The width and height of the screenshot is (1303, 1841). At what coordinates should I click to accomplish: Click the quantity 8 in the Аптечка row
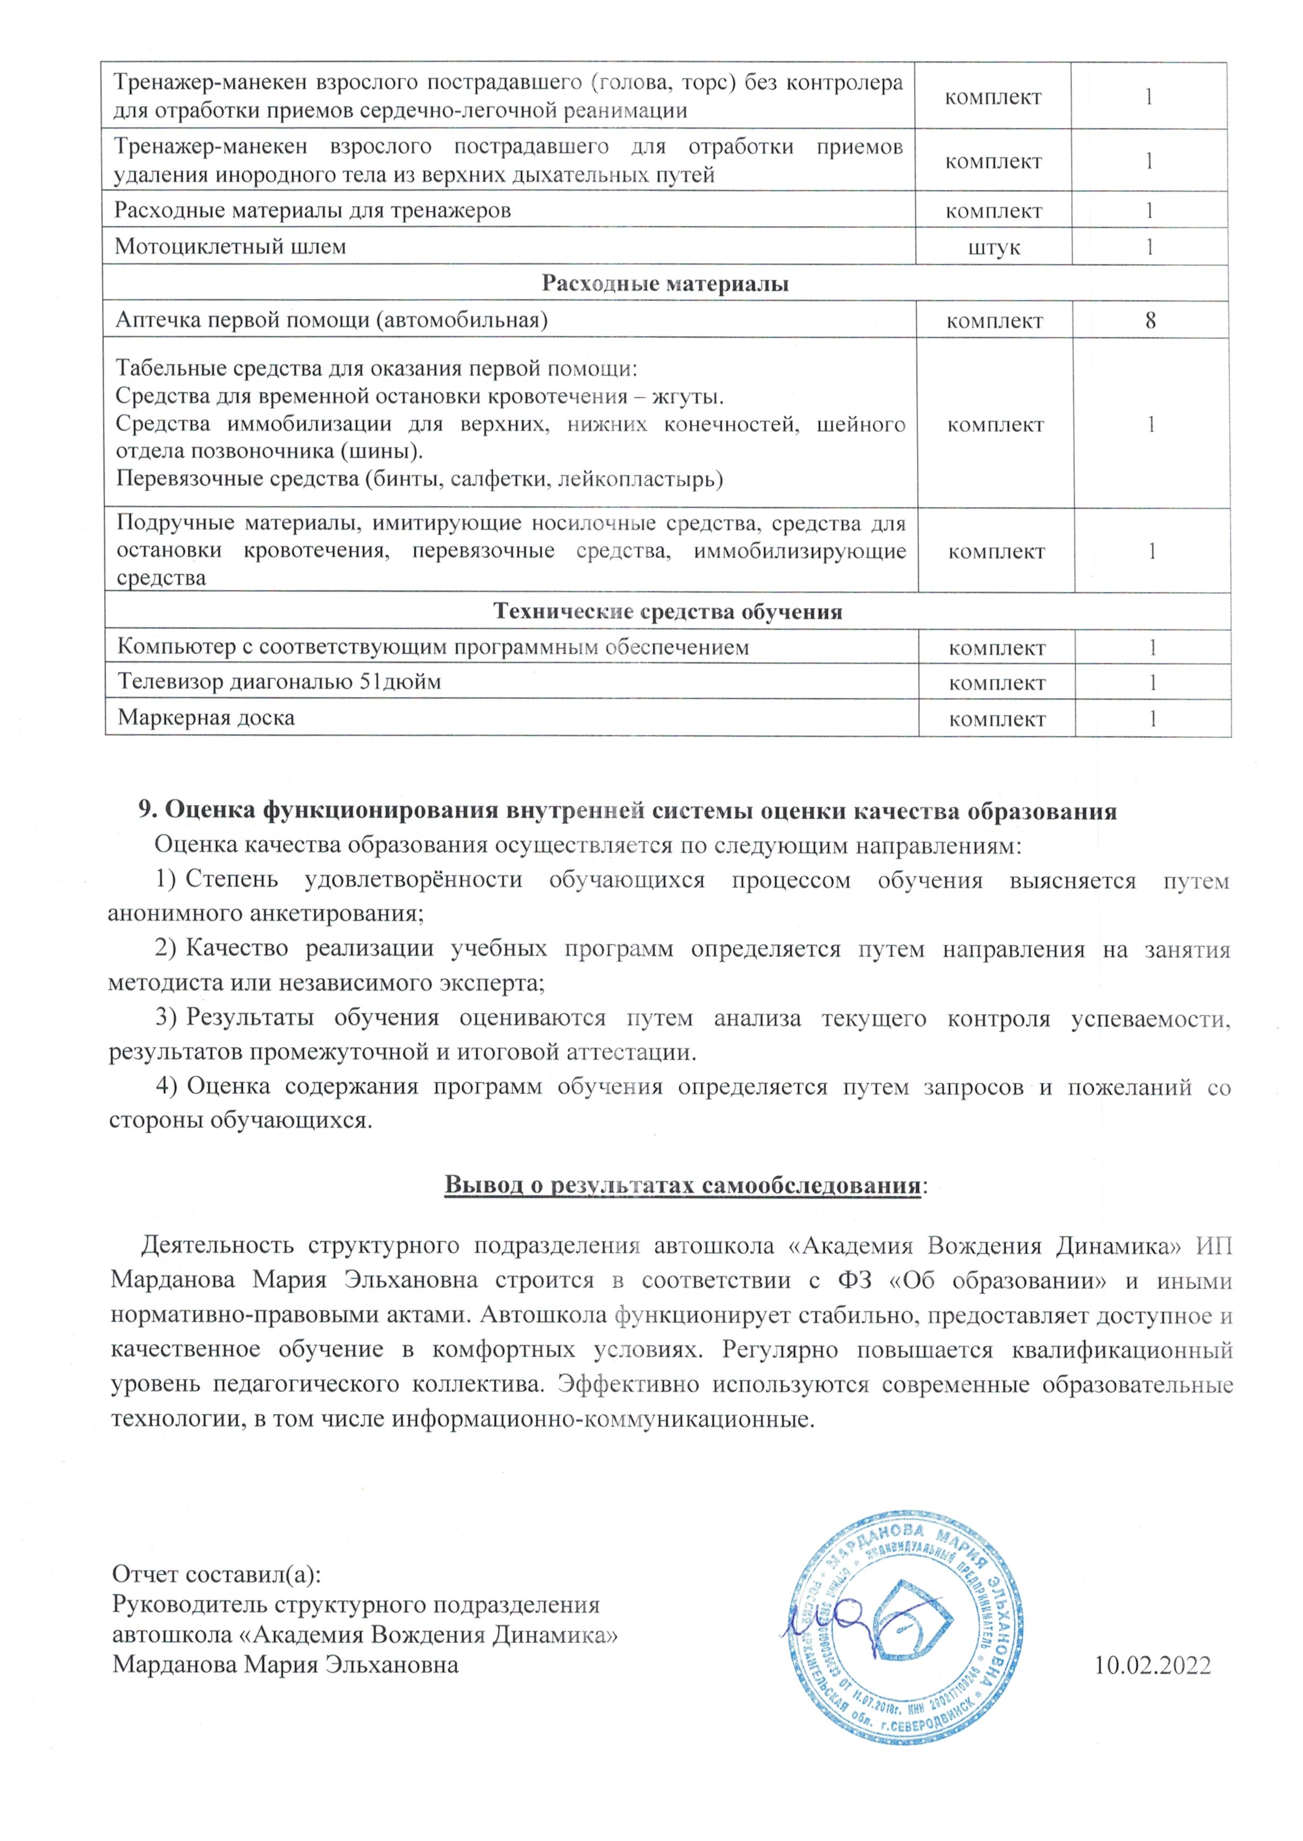(x=1151, y=321)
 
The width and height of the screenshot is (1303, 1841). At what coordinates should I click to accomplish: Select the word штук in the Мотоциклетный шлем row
(x=994, y=248)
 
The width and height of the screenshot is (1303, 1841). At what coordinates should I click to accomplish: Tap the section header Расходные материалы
(x=665, y=284)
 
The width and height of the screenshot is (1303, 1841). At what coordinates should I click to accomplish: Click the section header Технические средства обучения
(x=667, y=612)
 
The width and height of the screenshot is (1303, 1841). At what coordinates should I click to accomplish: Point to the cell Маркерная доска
(x=206, y=718)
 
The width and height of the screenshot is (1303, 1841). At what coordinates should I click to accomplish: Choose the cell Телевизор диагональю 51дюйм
(x=279, y=683)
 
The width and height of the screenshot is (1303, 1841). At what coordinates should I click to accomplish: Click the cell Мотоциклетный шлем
(x=230, y=246)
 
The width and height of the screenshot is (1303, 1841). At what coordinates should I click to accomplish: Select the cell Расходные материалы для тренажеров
(x=313, y=211)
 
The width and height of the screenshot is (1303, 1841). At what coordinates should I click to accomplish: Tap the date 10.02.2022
(x=1152, y=1666)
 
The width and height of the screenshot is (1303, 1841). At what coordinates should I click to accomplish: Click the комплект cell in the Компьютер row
(x=997, y=648)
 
